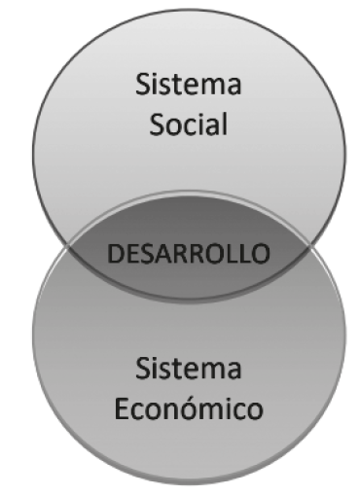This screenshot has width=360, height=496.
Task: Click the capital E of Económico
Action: pos(119,408)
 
